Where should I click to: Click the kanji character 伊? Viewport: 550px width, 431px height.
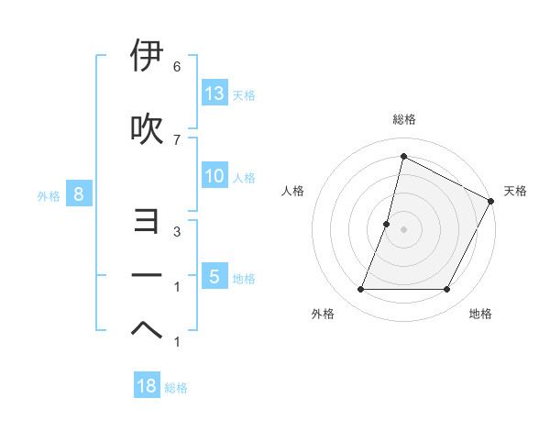[x=147, y=57]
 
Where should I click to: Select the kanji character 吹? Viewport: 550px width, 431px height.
[x=147, y=129]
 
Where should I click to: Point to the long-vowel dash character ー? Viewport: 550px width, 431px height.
[x=147, y=276]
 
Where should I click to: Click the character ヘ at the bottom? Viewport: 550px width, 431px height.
[x=147, y=330]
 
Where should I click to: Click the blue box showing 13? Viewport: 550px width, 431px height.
[x=214, y=94]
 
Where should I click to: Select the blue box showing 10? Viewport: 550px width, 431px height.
[x=214, y=176]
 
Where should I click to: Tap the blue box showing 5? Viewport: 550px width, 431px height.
[x=214, y=277]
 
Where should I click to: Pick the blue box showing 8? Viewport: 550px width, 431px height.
[x=79, y=194]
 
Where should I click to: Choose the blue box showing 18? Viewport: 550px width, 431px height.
[x=147, y=386]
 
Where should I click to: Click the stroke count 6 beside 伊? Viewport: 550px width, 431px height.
[x=176, y=67]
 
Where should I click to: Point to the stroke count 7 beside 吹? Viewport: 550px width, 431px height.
[x=176, y=139]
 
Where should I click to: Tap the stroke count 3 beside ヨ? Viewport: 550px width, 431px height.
[x=176, y=232]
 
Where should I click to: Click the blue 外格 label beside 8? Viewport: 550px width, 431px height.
[x=49, y=195]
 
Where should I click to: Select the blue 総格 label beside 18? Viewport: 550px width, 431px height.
[x=176, y=388]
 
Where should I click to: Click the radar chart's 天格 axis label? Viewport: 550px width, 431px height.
[x=515, y=191]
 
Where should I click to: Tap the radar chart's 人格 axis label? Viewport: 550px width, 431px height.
[x=292, y=191]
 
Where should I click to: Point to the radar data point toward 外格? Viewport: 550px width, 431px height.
[x=360, y=290]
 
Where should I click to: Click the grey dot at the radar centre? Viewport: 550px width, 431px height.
[x=403, y=229]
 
